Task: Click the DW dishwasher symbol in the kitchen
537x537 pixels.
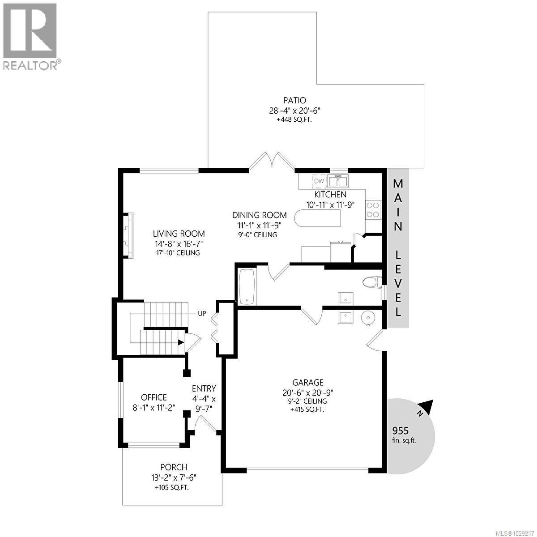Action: [x=319, y=181]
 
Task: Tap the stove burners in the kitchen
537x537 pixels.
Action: [x=373, y=209]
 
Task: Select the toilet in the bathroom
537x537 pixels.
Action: [x=371, y=283]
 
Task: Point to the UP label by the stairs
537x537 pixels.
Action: [x=202, y=313]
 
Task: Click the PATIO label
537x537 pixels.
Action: [x=294, y=101]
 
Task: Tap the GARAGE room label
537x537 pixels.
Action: [x=308, y=383]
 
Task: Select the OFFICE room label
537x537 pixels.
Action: [x=153, y=397]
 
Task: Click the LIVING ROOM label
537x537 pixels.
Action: [x=179, y=234]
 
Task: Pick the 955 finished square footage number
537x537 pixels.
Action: [x=401, y=430]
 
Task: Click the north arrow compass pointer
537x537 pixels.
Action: [x=427, y=406]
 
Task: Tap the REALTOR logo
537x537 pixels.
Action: [x=30, y=36]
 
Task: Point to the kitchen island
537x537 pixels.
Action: [x=317, y=219]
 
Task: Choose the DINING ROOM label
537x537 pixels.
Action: [x=260, y=215]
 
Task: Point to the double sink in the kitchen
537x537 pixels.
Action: [x=338, y=181]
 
